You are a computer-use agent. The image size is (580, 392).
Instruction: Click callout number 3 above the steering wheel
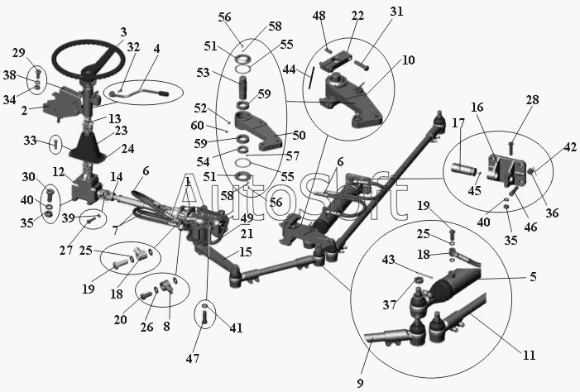(123, 31)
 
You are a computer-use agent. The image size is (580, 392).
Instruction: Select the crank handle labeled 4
(139, 93)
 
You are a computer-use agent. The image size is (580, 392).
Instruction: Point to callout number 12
(59, 171)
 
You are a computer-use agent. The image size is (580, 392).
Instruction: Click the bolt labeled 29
(39, 73)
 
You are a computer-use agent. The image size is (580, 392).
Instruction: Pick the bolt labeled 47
(205, 318)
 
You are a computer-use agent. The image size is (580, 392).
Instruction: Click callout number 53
(203, 73)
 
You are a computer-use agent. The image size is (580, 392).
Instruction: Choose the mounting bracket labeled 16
(506, 170)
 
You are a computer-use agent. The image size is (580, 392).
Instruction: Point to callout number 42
(570, 147)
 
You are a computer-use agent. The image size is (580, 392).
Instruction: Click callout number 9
(360, 383)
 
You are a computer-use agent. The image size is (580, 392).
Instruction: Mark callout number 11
(530, 355)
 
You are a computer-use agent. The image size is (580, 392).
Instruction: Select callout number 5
(533, 276)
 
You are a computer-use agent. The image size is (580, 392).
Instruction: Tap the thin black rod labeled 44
(311, 77)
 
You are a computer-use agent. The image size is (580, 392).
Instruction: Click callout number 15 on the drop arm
(246, 252)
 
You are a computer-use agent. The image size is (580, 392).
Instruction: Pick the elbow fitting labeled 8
(166, 286)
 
